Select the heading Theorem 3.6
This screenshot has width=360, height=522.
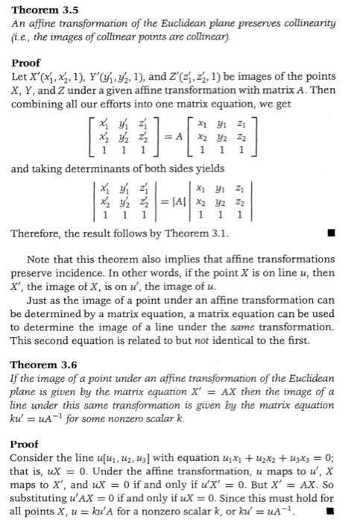(39, 365)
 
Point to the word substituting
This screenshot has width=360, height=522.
(42, 500)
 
